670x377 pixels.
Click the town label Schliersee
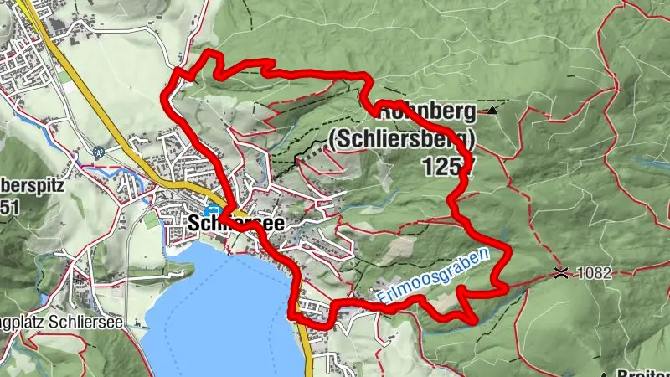(236, 224)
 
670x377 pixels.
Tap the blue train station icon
(213, 212)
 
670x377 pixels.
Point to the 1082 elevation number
(595, 273)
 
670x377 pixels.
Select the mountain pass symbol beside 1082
(560, 272)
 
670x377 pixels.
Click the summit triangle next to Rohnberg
(493, 110)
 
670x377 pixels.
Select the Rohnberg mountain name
(427, 111)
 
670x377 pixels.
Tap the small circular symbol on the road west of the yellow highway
(99, 152)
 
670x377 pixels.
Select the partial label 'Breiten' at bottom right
(644, 371)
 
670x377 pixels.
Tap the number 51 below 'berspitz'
(11, 208)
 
